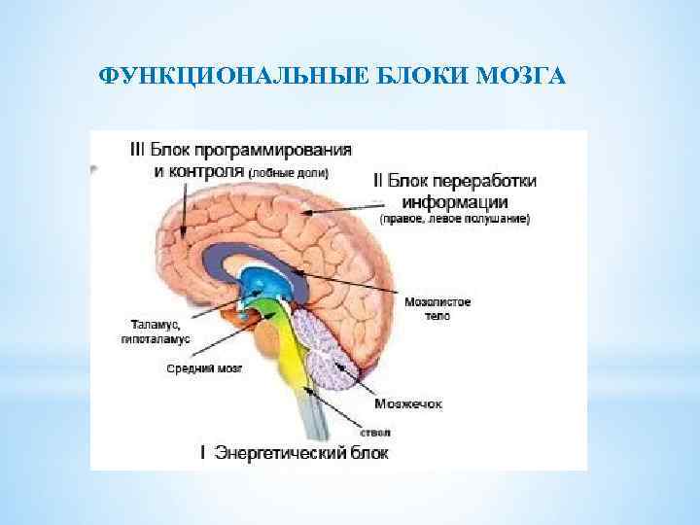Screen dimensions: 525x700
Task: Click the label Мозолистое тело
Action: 428,310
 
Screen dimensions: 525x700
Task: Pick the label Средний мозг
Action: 204,369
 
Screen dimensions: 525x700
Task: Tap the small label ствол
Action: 380,432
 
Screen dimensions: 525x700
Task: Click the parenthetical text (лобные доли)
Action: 289,173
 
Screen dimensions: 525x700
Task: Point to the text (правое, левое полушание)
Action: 454,221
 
